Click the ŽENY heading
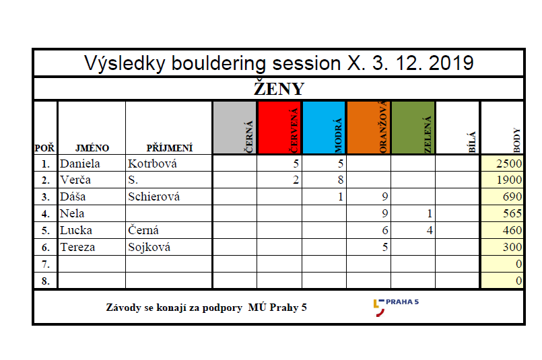click(x=279, y=88)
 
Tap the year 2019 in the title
click(x=451, y=63)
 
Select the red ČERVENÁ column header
click(x=279, y=127)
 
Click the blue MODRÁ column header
click(x=324, y=127)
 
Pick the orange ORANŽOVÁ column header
click(x=368, y=127)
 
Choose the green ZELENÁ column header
click(x=413, y=127)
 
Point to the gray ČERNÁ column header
click(x=235, y=127)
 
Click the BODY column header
click(x=517, y=140)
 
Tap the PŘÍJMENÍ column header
click(x=170, y=148)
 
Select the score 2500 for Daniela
click(x=509, y=164)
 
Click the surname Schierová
click(x=154, y=196)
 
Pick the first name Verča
click(x=75, y=180)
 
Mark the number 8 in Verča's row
click(x=341, y=180)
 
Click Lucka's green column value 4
click(x=430, y=230)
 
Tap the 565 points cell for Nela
click(x=512, y=213)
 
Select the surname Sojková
click(x=149, y=248)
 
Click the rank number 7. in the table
click(x=46, y=264)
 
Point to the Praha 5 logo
click(x=396, y=307)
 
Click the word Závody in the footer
click(x=123, y=308)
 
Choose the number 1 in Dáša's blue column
click(x=341, y=196)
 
